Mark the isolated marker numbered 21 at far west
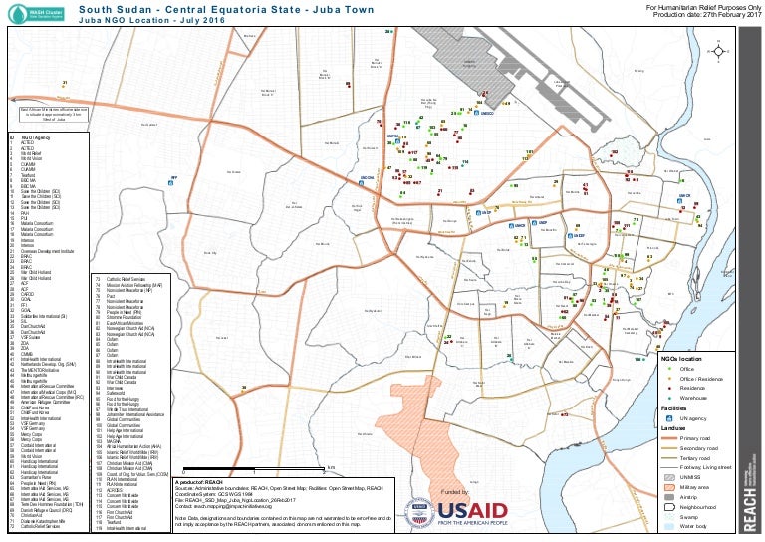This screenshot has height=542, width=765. [63, 86]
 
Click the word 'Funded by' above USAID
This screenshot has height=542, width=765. [453, 492]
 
